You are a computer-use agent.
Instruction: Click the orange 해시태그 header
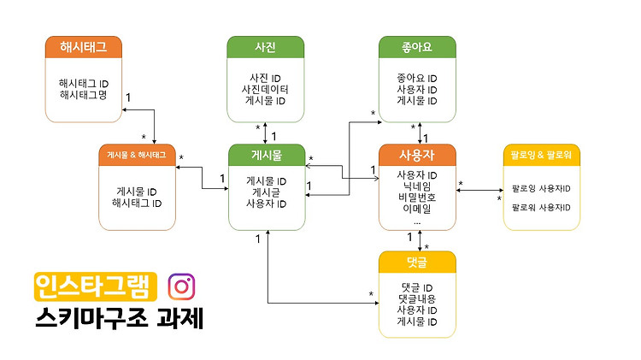(x=84, y=47)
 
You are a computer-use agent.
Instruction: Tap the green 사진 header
(x=265, y=47)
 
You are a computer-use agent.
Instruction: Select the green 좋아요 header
(x=417, y=47)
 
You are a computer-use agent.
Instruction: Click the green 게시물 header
(x=267, y=155)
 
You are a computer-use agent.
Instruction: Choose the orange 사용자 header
(x=417, y=155)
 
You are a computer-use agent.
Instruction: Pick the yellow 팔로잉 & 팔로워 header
(x=541, y=155)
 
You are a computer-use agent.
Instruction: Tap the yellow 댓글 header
(x=417, y=263)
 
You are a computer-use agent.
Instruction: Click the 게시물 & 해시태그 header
(x=137, y=155)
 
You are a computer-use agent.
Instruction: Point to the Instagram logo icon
(x=181, y=286)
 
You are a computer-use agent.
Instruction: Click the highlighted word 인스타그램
(x=96, y=286)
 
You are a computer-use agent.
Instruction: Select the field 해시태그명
(x=84, y=95)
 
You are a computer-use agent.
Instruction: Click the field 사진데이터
(x=265, y=89)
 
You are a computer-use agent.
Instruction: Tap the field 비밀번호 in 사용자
(x=417, y=198)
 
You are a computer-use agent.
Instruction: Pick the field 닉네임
(x=417, y=186)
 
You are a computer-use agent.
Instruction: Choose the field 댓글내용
(x=417, y=298)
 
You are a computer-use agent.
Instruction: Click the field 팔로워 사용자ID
(x=541, y=208)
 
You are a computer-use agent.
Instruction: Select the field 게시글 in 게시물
(x=267, y=192)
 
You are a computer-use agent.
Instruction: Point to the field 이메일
(x=417, y=209)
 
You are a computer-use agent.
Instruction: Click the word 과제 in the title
(x=180, y=317)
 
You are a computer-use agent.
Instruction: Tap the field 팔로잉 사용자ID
(x=541, y=189)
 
